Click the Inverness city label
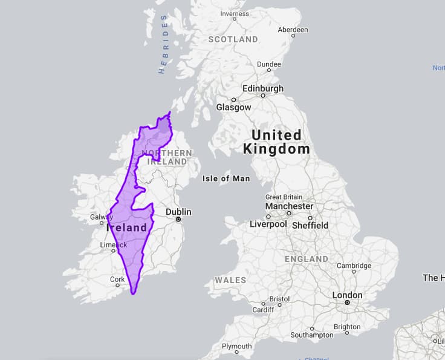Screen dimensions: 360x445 tap(235, 14)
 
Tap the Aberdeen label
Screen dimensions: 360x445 tap(293, 30)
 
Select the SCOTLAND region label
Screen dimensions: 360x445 tap(233, 39)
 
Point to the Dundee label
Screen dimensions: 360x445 tap(268, 64)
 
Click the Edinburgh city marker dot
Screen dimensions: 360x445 tap(263, 96)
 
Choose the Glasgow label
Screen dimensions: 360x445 tap(233, 107)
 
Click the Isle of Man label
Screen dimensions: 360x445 tap(226, 178)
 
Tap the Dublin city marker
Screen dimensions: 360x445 tap(178, 220)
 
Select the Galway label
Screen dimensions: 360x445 tap(101, 217)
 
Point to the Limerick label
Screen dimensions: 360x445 tap(113, 245)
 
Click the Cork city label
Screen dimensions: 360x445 tap(117, 280)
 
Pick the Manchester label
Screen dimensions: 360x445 tap(290, 206)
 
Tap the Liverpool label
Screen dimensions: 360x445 tap(268, 224)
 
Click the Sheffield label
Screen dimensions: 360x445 tap(310, 225)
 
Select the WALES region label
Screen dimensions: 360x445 tap(230, 280)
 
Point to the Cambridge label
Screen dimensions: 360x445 tap(354, 266)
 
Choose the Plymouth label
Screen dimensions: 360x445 tap(236, 347)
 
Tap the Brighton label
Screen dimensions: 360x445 tap(347, 327)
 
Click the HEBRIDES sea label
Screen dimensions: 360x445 tap(163, 44)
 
